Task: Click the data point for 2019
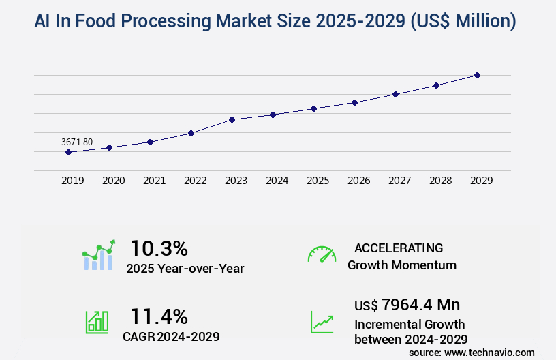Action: [x=68, y=152]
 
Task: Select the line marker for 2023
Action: [x=232, y=119]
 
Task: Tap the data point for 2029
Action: [x=477, y=75]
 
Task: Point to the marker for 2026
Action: [x=354, y=102]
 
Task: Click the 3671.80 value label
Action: [x=77, y=142]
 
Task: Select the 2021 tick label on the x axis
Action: [x=154, y=181]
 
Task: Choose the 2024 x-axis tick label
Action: [x=277, y=181]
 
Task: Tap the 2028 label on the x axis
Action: [x=440, y=181]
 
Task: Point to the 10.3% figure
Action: [x=159, y=247]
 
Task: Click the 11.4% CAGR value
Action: [x=159, y=316]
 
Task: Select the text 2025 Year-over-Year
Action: [x=185, y=269]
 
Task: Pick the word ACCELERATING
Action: [x=399, y=247]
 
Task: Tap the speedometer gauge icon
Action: [x=322, y=254]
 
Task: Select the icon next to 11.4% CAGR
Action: [x=97, y=321]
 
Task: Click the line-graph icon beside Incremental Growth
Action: [x=322, y=322]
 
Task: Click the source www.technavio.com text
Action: [x=472, y=352]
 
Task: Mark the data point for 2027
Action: [x=395, y=94]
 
